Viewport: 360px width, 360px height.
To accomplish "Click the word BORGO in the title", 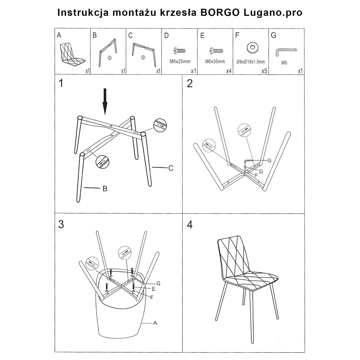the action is point(220,12).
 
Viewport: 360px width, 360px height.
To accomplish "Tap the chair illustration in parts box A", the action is point(72,55).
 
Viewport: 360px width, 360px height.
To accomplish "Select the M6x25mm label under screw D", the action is point(180,61).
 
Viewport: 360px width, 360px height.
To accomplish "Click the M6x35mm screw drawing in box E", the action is point(216,51).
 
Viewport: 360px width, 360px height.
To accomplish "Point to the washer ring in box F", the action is point(253,47).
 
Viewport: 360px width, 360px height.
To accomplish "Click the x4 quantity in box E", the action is point(229,71).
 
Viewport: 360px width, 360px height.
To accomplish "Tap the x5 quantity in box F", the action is point(264,71).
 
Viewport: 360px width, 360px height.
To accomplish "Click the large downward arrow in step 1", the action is point(105,101).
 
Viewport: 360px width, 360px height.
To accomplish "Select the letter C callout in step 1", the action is point(171,168).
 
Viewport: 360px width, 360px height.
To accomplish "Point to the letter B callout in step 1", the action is point(105,188).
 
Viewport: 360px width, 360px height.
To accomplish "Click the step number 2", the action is point(190,83).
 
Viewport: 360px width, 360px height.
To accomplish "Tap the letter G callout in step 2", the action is point(269,160).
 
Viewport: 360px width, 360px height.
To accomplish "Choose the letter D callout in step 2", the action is point(261,171).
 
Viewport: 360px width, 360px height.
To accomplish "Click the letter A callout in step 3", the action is point(155,323).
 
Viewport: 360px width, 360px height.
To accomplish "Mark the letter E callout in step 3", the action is point(154,289).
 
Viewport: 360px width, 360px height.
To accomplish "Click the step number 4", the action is point(190,225).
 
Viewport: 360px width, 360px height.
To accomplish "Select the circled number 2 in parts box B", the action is point(110,58).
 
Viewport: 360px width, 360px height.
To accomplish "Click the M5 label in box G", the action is point(284,63).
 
